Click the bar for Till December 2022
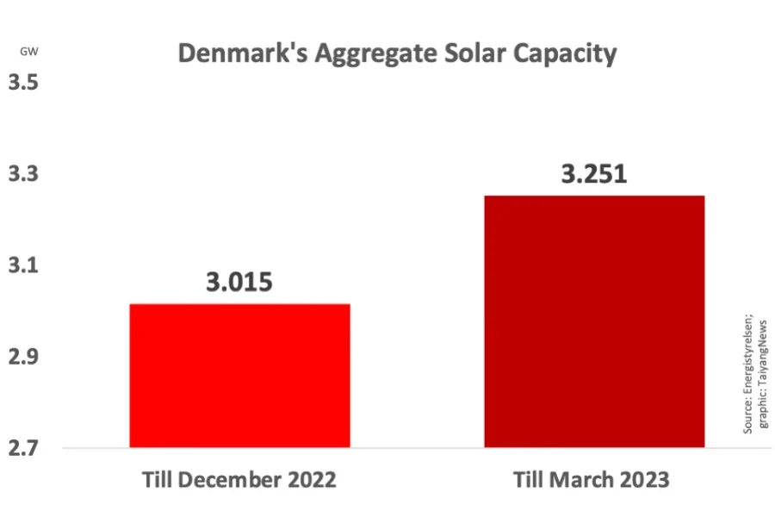coord(239,376)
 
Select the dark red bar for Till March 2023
coord(594,321)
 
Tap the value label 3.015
coord(239,282)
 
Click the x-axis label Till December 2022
coord(239,480)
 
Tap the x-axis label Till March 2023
coord(591,480)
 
